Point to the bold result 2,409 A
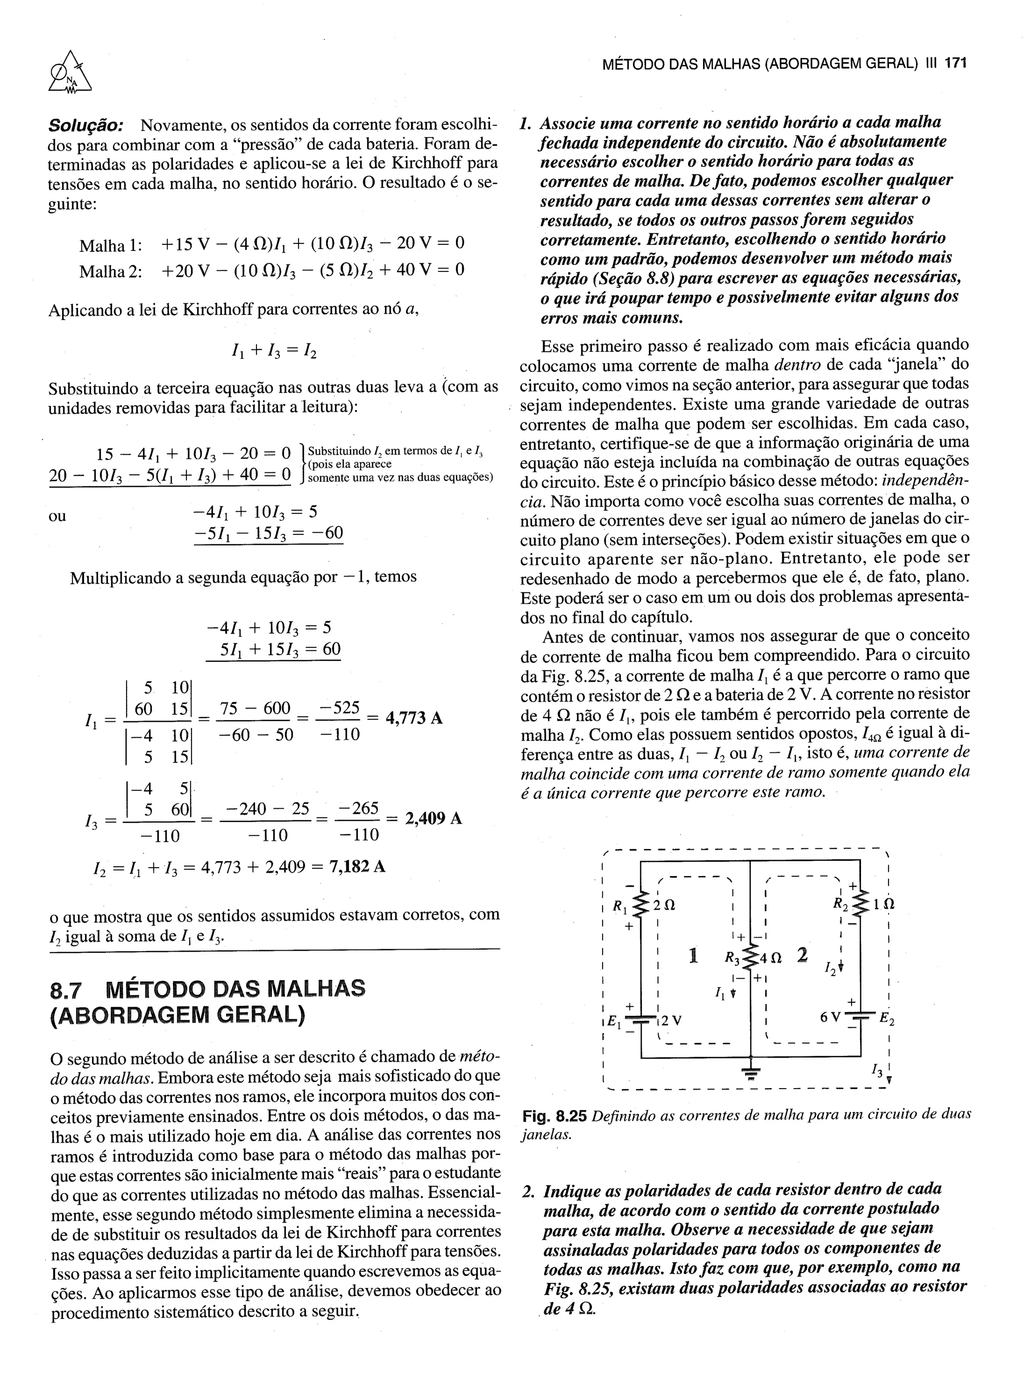coord(433,819)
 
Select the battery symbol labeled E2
coord(859,1018)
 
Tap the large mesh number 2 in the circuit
coord(802,955)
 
